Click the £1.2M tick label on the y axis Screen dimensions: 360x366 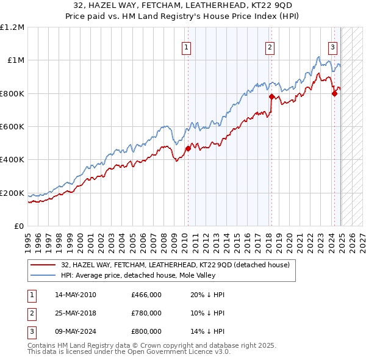(12, 27)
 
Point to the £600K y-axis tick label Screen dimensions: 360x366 (12, 127)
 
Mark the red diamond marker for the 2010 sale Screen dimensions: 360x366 (188, 148)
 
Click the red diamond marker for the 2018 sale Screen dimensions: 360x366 (271, 96)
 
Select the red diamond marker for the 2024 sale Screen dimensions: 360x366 (334, 93)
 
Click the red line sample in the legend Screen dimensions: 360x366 (43, 265)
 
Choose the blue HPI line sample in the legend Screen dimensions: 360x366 (43, 275)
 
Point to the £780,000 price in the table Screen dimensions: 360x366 (146, 312)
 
